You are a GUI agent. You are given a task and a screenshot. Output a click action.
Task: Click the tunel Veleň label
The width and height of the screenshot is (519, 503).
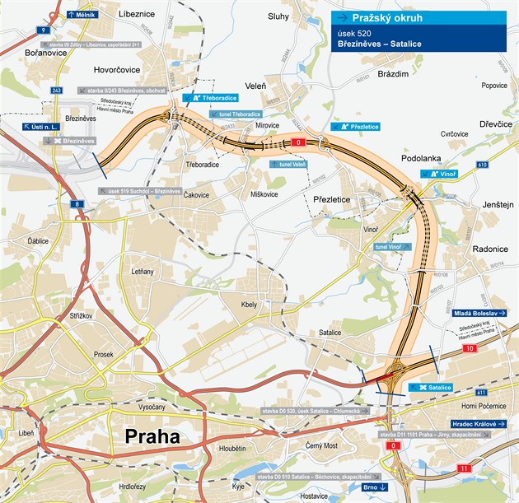click(288, 165)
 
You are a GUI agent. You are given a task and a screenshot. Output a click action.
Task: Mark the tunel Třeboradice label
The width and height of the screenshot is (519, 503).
click(235, 114)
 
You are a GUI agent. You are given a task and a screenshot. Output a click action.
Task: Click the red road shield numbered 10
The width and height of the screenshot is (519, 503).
click(469, 350)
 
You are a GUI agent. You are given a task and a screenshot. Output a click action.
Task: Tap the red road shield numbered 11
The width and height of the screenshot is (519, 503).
click(465, 468)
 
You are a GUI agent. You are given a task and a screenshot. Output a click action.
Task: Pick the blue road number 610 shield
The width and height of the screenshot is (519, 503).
click(482, 165)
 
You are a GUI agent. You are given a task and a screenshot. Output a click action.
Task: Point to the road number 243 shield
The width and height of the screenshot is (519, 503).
click(57, 91)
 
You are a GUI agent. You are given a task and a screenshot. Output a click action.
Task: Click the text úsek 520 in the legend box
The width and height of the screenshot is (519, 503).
click(355, 33)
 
